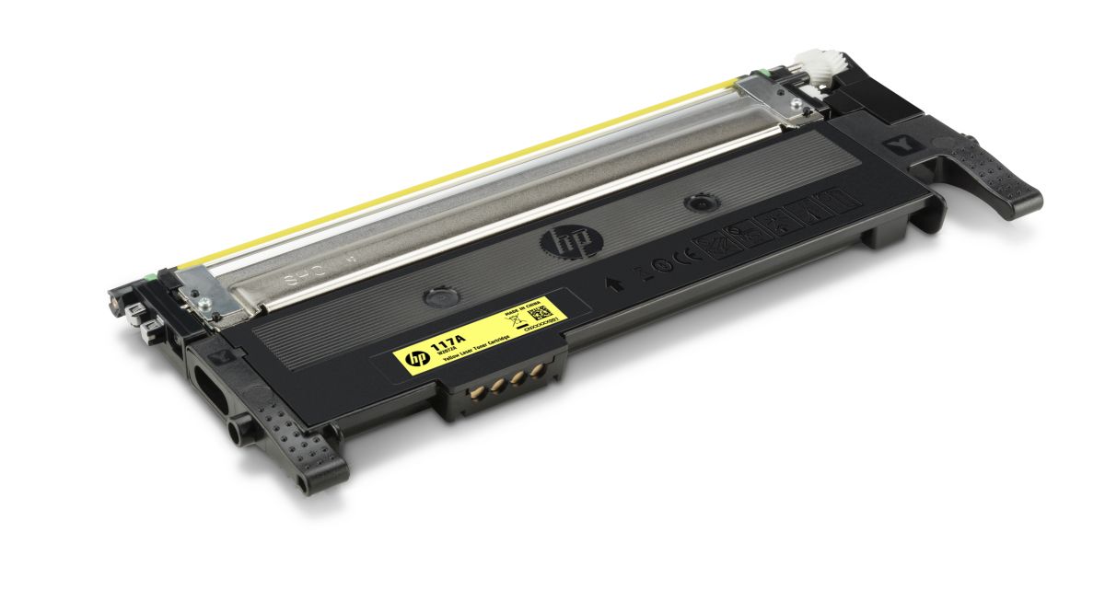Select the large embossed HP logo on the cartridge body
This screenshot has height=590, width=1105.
point(561,243)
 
